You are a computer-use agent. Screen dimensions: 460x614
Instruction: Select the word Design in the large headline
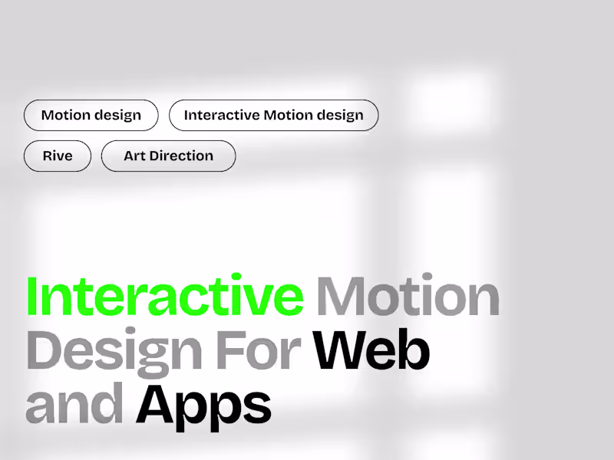115,350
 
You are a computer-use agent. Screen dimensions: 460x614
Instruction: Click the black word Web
372,350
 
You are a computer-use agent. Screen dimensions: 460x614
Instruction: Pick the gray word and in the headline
74,404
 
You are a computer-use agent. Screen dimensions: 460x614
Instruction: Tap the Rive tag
58,156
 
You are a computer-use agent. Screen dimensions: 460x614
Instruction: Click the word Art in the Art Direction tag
134,156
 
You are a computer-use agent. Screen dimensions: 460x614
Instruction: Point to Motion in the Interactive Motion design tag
288,116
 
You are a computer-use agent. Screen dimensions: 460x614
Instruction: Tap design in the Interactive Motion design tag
340,116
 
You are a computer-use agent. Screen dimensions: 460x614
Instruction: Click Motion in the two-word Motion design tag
65,116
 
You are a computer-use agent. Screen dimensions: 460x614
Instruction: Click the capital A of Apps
156,404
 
